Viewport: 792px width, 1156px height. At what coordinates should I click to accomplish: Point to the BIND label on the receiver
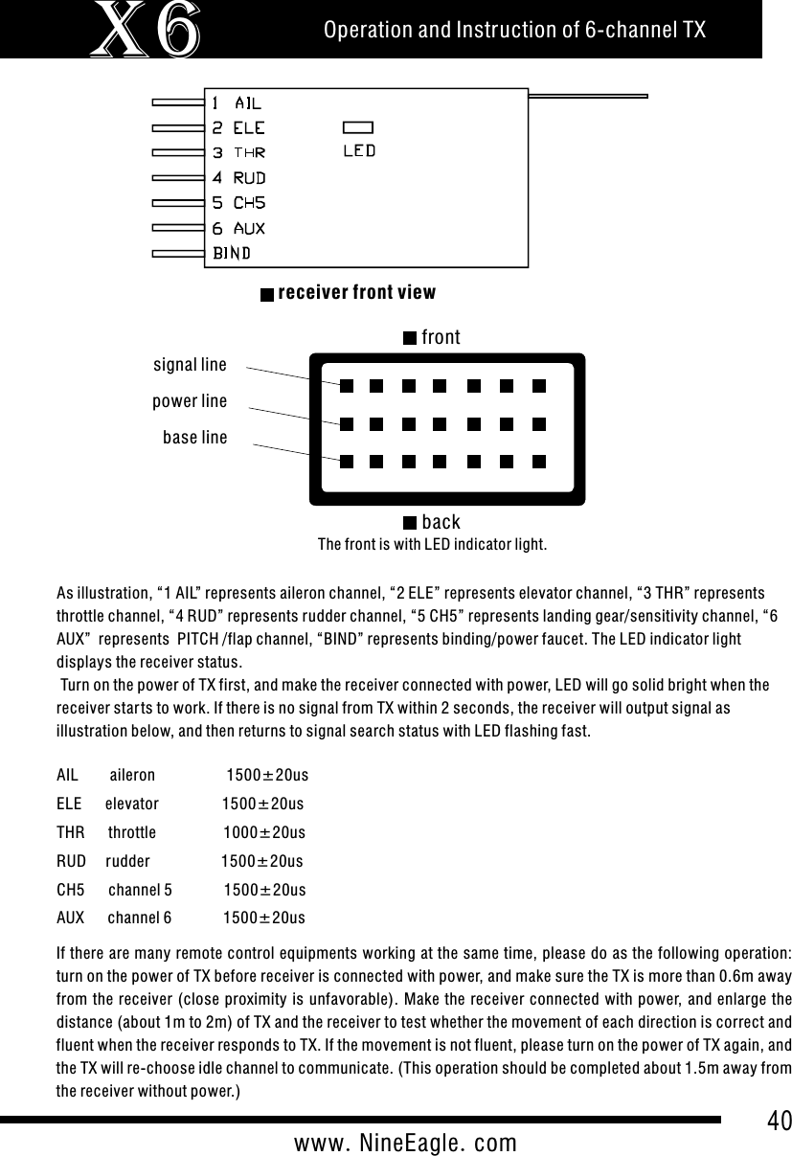click(x=232, y=254)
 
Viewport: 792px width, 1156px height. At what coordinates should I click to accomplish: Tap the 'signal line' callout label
click(x=190, y=364)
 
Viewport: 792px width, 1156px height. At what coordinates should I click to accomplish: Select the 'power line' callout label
click(x=190, y=401)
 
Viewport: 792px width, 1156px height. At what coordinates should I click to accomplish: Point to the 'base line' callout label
click(x=195, y=438)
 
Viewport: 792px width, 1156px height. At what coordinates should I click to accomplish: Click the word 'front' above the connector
click(x=441, y=337)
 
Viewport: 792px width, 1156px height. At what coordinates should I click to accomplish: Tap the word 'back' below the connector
click(x=441, y=522)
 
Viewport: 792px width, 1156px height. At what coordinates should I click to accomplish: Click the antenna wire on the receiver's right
click(x=588, y=96)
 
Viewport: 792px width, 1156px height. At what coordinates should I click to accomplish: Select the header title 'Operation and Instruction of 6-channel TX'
click(x=514, y=31)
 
